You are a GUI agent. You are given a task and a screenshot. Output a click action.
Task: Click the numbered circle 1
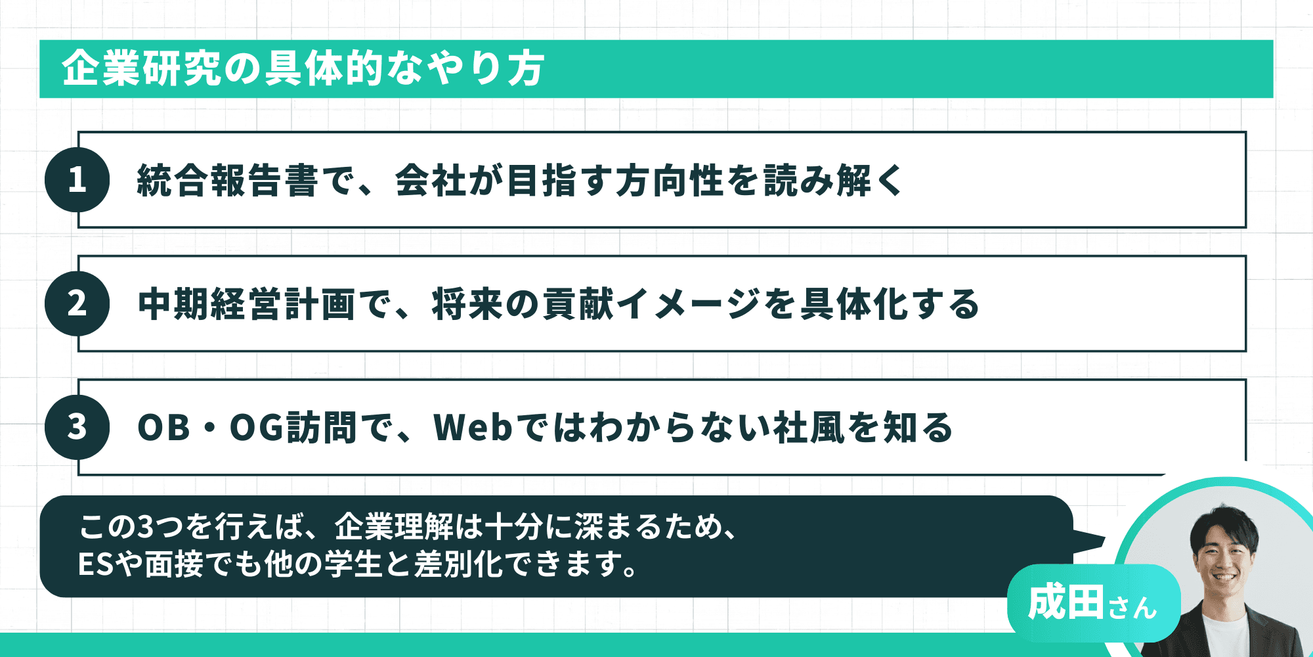pos(77,179)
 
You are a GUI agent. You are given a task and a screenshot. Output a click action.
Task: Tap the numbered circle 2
pos(77,303)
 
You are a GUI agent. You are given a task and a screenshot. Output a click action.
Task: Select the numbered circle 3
pos(77,426)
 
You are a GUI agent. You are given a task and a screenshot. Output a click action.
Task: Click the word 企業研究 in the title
pos(141,68)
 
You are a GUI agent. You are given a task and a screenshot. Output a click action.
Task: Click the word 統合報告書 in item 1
pos(227,180)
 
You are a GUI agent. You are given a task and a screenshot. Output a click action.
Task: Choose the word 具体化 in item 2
pos(853,304)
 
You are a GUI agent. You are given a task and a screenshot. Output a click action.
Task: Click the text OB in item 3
pos(163,427)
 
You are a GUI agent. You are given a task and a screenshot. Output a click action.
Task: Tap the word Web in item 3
pos(473,427)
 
